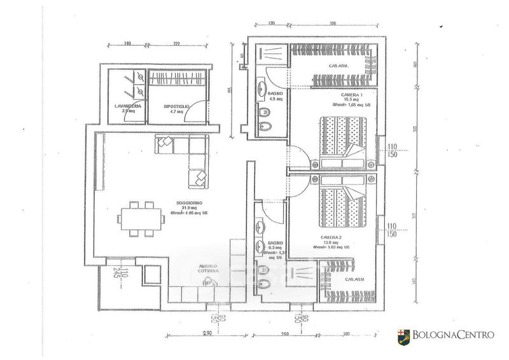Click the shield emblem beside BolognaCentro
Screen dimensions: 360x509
pyautogui.click(x=401, y=334)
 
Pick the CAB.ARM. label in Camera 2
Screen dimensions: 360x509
pyautogui.click(x=355, y=279)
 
